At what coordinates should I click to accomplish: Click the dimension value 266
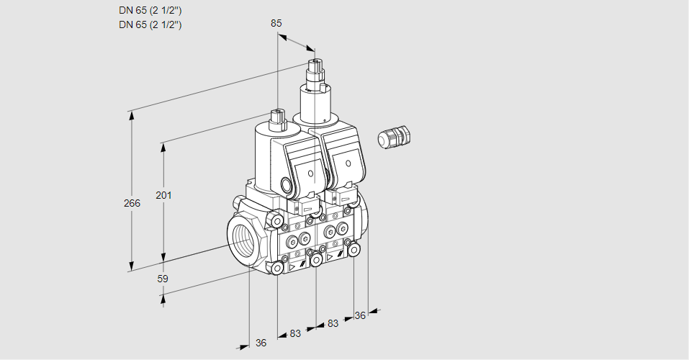tap(132, 204)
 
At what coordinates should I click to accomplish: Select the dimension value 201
tap(165, 195)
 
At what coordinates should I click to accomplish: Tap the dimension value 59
tap(163, 278)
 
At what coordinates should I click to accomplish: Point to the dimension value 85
tap(276, 23)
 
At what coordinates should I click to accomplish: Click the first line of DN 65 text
tap(150, 11)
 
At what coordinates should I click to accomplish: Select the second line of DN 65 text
tap(150, 24)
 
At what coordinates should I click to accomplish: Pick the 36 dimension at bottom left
tap(261, 343)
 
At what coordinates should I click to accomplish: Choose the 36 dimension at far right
tap(360, 315)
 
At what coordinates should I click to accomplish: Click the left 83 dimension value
tap(296, 333)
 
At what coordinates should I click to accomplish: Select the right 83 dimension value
tap(333, 323)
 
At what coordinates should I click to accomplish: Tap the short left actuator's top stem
tap(277, 117)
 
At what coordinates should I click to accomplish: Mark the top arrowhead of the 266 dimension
tap(131, 115)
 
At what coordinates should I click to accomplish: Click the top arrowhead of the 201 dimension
tap(164, 148)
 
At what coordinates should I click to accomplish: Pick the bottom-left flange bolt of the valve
tap(278, 268)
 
